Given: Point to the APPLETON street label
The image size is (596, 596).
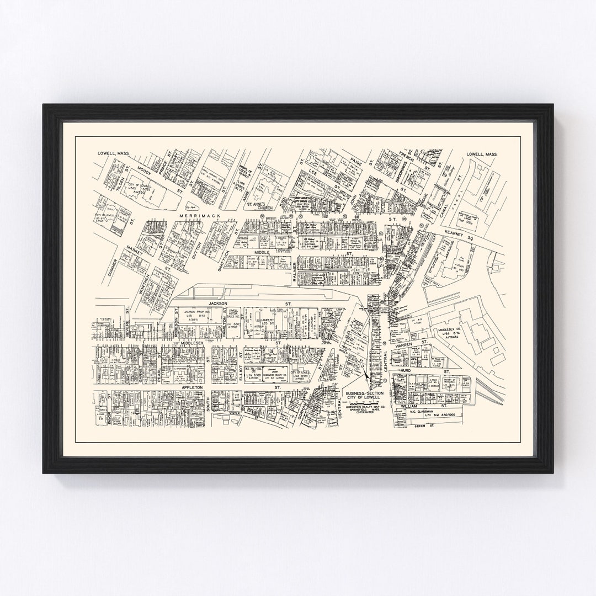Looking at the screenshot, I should (x=193, y=388).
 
